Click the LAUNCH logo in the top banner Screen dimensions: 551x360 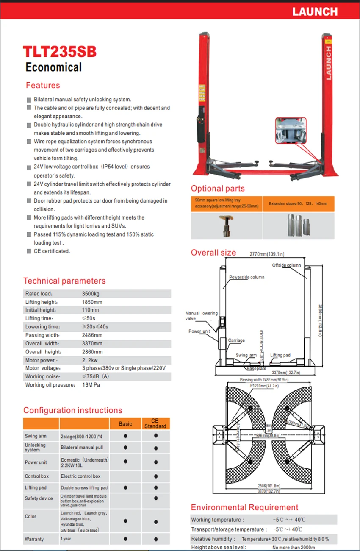click(x=315, y=11)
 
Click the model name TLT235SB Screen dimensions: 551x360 click(x=60, y=52)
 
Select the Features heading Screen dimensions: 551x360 click(x=43, y=85)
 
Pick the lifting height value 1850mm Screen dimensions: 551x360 click(x=92, y=302)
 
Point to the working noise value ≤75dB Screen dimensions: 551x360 click(x=95, y=376)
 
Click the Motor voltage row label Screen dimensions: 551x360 click(x=43, y=368)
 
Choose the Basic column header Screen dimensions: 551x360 click(x=125, y=423)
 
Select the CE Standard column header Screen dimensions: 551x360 click(x=155, y=423)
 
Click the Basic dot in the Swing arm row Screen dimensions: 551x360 click(x=125, y=436)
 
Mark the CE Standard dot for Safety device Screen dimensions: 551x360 click(x=155, y=498)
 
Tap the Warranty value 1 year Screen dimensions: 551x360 click(x=66, y=539)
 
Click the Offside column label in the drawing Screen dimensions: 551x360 click(x=286, y=265)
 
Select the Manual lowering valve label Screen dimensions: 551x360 click(x=201, y=316)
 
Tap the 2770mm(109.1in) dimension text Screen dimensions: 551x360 click(x=265, y=254)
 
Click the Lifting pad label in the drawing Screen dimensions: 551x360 click(x=280, y=355)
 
